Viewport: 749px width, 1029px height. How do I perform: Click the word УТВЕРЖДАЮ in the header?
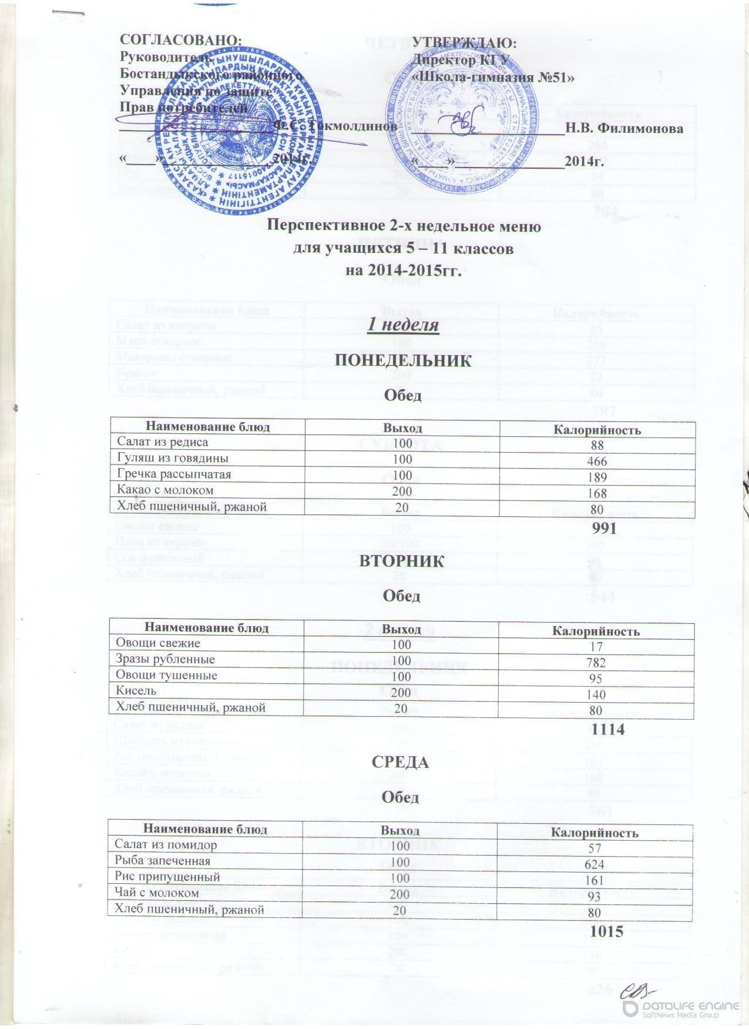click(464, 42)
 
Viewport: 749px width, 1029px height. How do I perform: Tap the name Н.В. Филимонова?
click(624, 128)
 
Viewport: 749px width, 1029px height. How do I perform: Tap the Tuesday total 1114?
click(603, 729)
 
